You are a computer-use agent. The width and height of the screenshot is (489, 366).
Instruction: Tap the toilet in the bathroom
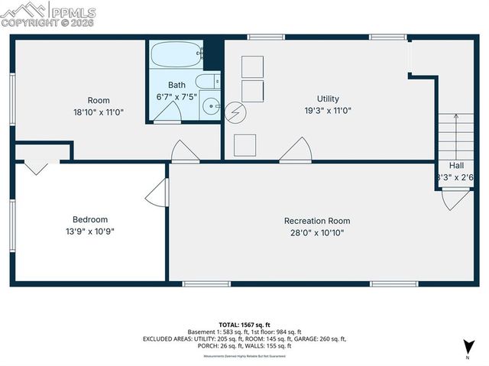[207, 82]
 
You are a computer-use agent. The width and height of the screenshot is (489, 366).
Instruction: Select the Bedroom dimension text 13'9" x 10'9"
[89, 231]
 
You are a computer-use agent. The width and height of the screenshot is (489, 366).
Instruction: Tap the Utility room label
[329, 99]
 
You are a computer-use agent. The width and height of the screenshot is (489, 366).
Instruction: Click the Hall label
[455, 165]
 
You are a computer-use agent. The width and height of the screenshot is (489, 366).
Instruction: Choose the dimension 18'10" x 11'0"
[99, 112]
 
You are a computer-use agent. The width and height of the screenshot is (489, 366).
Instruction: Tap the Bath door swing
[168, 114]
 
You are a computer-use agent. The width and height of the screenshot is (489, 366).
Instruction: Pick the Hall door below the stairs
[456, 199]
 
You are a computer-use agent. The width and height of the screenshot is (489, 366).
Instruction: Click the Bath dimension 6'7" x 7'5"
[176, 97]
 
